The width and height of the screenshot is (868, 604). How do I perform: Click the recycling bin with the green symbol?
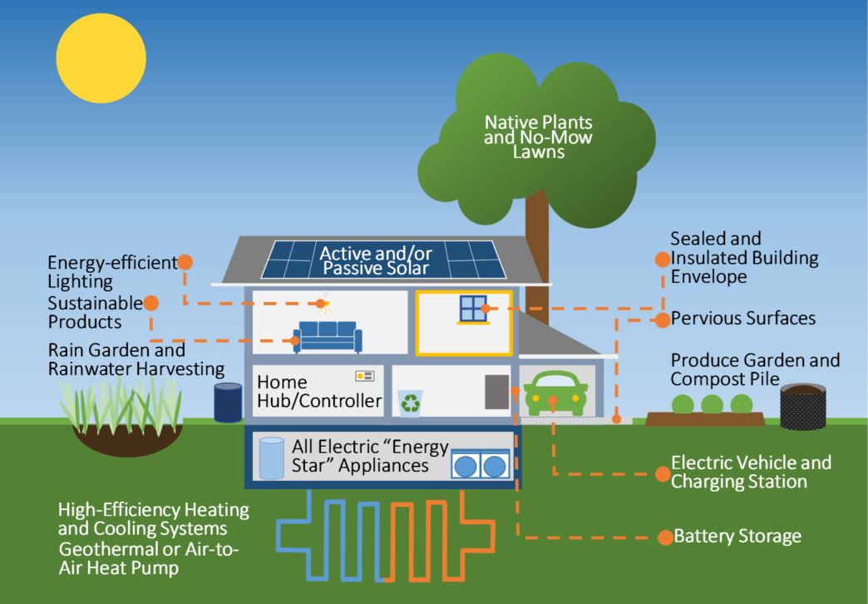coord(411,402)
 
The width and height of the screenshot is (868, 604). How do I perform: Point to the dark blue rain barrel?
coord(228,402)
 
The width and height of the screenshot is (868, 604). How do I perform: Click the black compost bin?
coord(802,406)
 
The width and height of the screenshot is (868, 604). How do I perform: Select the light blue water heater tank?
coord(271,458)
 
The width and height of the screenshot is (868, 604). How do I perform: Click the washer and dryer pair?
coord(481,463)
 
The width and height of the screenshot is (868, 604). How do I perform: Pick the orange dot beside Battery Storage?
coord(664,537)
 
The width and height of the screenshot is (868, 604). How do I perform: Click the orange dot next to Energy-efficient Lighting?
coord(185,262)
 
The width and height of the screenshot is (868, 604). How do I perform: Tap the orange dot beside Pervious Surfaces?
coord(662,319)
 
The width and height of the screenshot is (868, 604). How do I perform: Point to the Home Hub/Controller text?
coord(318,392)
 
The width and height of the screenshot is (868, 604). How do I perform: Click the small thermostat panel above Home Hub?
coord(364,376)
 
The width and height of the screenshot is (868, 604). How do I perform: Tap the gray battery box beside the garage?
coord(496,391)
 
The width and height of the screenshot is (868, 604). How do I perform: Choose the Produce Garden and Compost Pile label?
coord(755,369)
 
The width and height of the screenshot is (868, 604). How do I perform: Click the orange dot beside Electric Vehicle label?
coord(663,473)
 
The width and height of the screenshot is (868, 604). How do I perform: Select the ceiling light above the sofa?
coord(320,304)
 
